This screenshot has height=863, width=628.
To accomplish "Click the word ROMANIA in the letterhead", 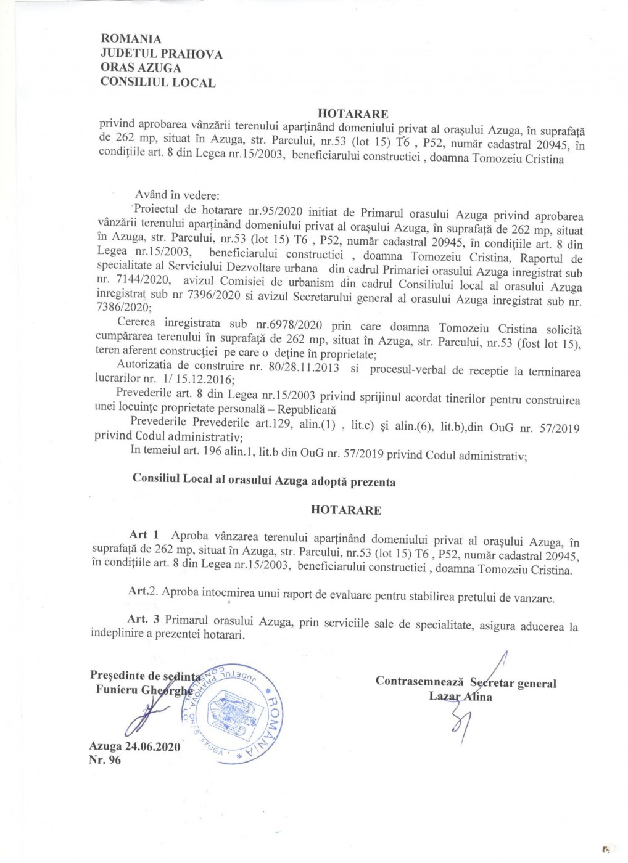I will (x=131, y=39).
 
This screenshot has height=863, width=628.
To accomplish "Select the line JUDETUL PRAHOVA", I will (x=161, y=54).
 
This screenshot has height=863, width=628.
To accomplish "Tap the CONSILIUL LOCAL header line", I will (x=158, y=83).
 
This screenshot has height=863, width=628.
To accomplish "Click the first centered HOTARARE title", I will (x=353, y=113).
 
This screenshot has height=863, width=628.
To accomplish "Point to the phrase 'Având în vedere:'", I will (x=177, y=195).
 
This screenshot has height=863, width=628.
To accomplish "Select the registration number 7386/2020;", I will (x=123, y=307).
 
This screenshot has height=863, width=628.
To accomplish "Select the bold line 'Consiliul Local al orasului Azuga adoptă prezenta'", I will (x=264, y=481).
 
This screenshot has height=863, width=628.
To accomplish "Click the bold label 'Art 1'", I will (x=144, y=534).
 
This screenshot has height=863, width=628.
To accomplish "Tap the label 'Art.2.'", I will (x=143, y=591).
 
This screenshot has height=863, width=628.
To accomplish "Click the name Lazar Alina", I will (x=460, y=697).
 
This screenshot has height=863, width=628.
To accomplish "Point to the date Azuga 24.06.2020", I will (x=134, y=746).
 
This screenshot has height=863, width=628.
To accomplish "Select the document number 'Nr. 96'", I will (x=105, y=760).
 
